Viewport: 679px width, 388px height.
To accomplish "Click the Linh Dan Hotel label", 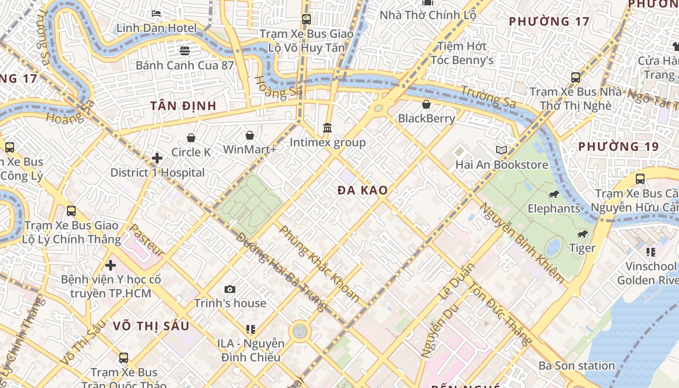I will (x=156, y=28).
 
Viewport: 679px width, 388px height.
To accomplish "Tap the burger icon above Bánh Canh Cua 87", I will (x=184, y=50).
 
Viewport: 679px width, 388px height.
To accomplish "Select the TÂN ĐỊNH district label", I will (x=183, y=106).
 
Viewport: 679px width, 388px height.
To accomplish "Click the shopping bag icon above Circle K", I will (x=191, y=138).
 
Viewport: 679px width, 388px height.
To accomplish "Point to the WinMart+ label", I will (x=249, y=149).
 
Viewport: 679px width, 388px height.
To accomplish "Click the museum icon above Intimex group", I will (x=327, y=128).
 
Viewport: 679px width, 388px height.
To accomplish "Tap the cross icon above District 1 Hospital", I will (x=157, y=158).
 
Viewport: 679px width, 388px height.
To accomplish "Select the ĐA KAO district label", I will (x=363, y=191).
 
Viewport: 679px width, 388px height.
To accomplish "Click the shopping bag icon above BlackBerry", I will (x=426, y=104).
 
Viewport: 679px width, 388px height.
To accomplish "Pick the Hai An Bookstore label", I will (x=501, y=165).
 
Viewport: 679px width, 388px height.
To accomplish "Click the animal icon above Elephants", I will (x=553, y=194).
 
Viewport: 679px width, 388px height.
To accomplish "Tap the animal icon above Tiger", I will (x=582, y=234).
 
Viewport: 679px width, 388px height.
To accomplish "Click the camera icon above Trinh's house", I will (x=230, y=290).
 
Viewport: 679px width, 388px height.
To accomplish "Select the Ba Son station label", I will (x=577, y=366).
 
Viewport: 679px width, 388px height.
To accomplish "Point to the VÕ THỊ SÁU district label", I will (x=151, y=326).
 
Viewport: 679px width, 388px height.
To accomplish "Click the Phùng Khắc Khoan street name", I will (x=319, y=264).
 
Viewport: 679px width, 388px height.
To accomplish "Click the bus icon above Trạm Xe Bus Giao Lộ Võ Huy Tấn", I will (x=306, y=19).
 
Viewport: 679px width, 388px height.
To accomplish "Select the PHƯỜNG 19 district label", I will (x=618, y=146).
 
